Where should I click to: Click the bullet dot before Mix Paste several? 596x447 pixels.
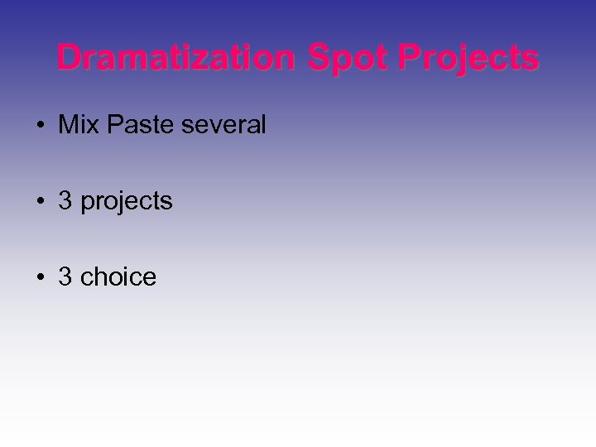(41, 126)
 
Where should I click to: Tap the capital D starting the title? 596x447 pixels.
(70, 59)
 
